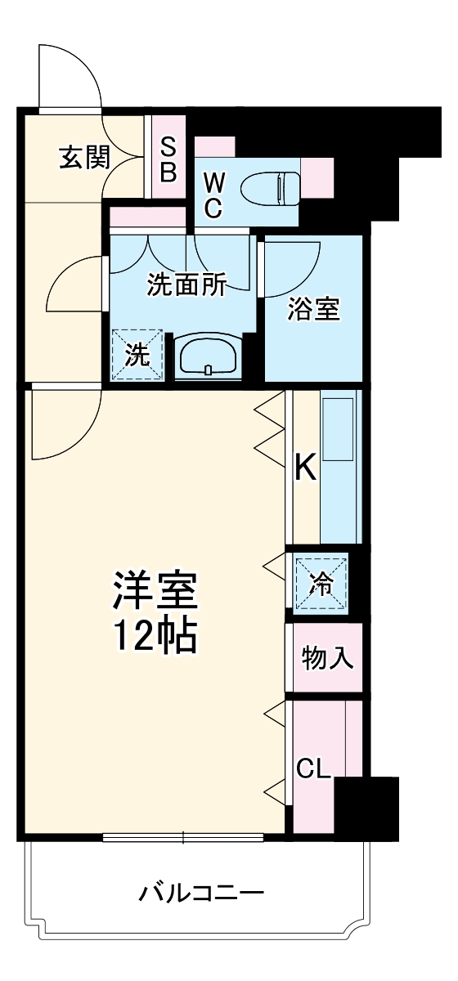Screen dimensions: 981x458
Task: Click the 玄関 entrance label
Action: tap(83, 157)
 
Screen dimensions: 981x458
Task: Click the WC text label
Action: tap(213, 195)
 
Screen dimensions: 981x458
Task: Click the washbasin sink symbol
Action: tap(209, 356)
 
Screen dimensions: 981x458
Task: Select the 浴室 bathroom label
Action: tap(313, 310)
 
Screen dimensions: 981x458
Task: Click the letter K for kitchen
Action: tap(305, 468)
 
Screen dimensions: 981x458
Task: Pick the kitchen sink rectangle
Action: tap(339, 428)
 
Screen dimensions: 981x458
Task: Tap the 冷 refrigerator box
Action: tap(321, 584)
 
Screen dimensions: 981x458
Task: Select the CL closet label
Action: tap(313, 769)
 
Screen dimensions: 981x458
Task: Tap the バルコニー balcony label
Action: tap(201, 892)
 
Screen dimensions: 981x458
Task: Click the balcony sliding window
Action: tap(183, 836)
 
